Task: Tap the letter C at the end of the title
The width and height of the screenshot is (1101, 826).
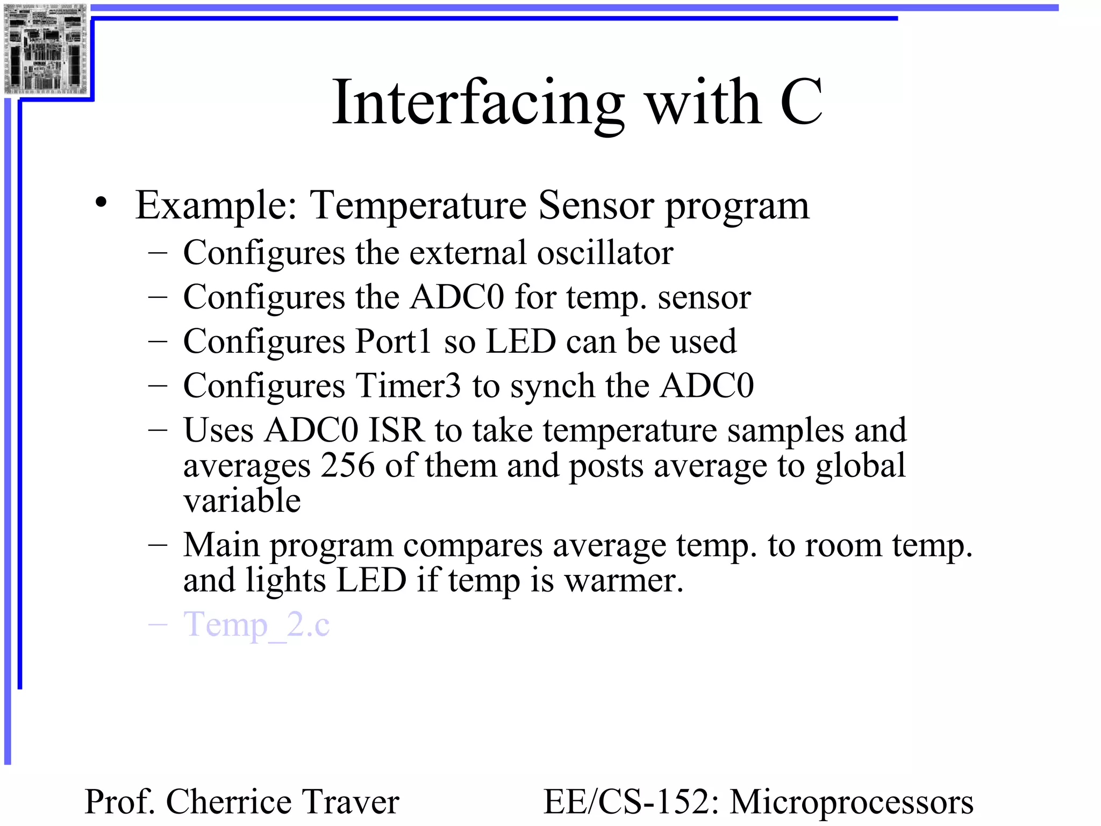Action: point(800,102)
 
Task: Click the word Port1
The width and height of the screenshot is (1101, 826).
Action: point(394,341)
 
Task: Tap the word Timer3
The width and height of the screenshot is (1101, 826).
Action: point(408,386)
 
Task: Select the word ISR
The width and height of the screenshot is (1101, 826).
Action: point(396,430)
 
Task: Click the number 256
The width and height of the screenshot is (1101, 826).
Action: point(347,466)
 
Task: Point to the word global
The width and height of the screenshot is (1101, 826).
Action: point(860,466)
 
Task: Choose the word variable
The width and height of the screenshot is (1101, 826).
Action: point(242,501)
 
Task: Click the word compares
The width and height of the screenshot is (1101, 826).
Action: point(473,546)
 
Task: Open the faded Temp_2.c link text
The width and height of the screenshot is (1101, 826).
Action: point(256,625)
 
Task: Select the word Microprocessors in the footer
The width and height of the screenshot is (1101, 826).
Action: point(851,802)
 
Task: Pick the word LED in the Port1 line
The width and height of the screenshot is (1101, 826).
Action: point(520,341)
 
